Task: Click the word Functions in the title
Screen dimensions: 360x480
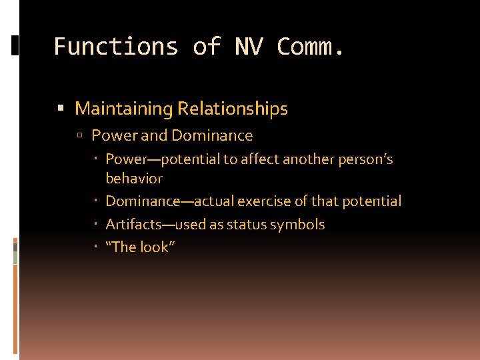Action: tap(116, 47)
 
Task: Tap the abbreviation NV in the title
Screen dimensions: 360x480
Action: tap(249, 47)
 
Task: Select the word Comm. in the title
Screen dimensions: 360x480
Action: tap(311, 47)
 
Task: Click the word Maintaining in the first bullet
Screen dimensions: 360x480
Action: tap(124, 109)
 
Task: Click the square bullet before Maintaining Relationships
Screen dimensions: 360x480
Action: tap(61, 109)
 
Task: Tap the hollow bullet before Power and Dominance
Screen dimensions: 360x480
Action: tap(80, 136)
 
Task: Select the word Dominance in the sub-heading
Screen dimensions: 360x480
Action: tap(212, 136)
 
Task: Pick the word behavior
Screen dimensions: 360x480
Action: tap(134, 179)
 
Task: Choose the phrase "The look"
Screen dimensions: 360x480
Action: tap(140, 247)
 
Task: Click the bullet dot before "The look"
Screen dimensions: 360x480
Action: tap(97, 247)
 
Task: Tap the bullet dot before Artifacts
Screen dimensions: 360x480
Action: tap(97, 224)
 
